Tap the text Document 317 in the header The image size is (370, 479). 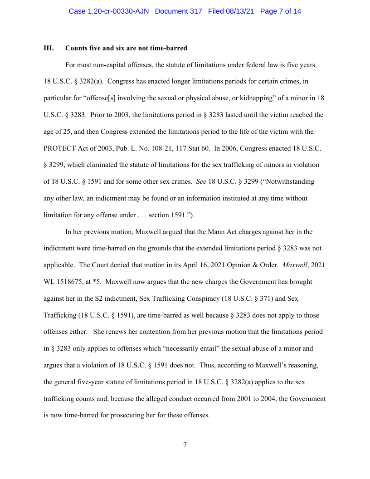178,11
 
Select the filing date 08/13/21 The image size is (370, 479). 241,11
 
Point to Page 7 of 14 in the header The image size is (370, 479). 281,11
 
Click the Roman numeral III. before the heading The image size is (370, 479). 49,48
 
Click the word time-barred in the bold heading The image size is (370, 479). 170,48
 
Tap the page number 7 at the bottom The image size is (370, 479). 185,445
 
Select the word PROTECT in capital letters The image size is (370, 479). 59,148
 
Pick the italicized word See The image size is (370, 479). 201,181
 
